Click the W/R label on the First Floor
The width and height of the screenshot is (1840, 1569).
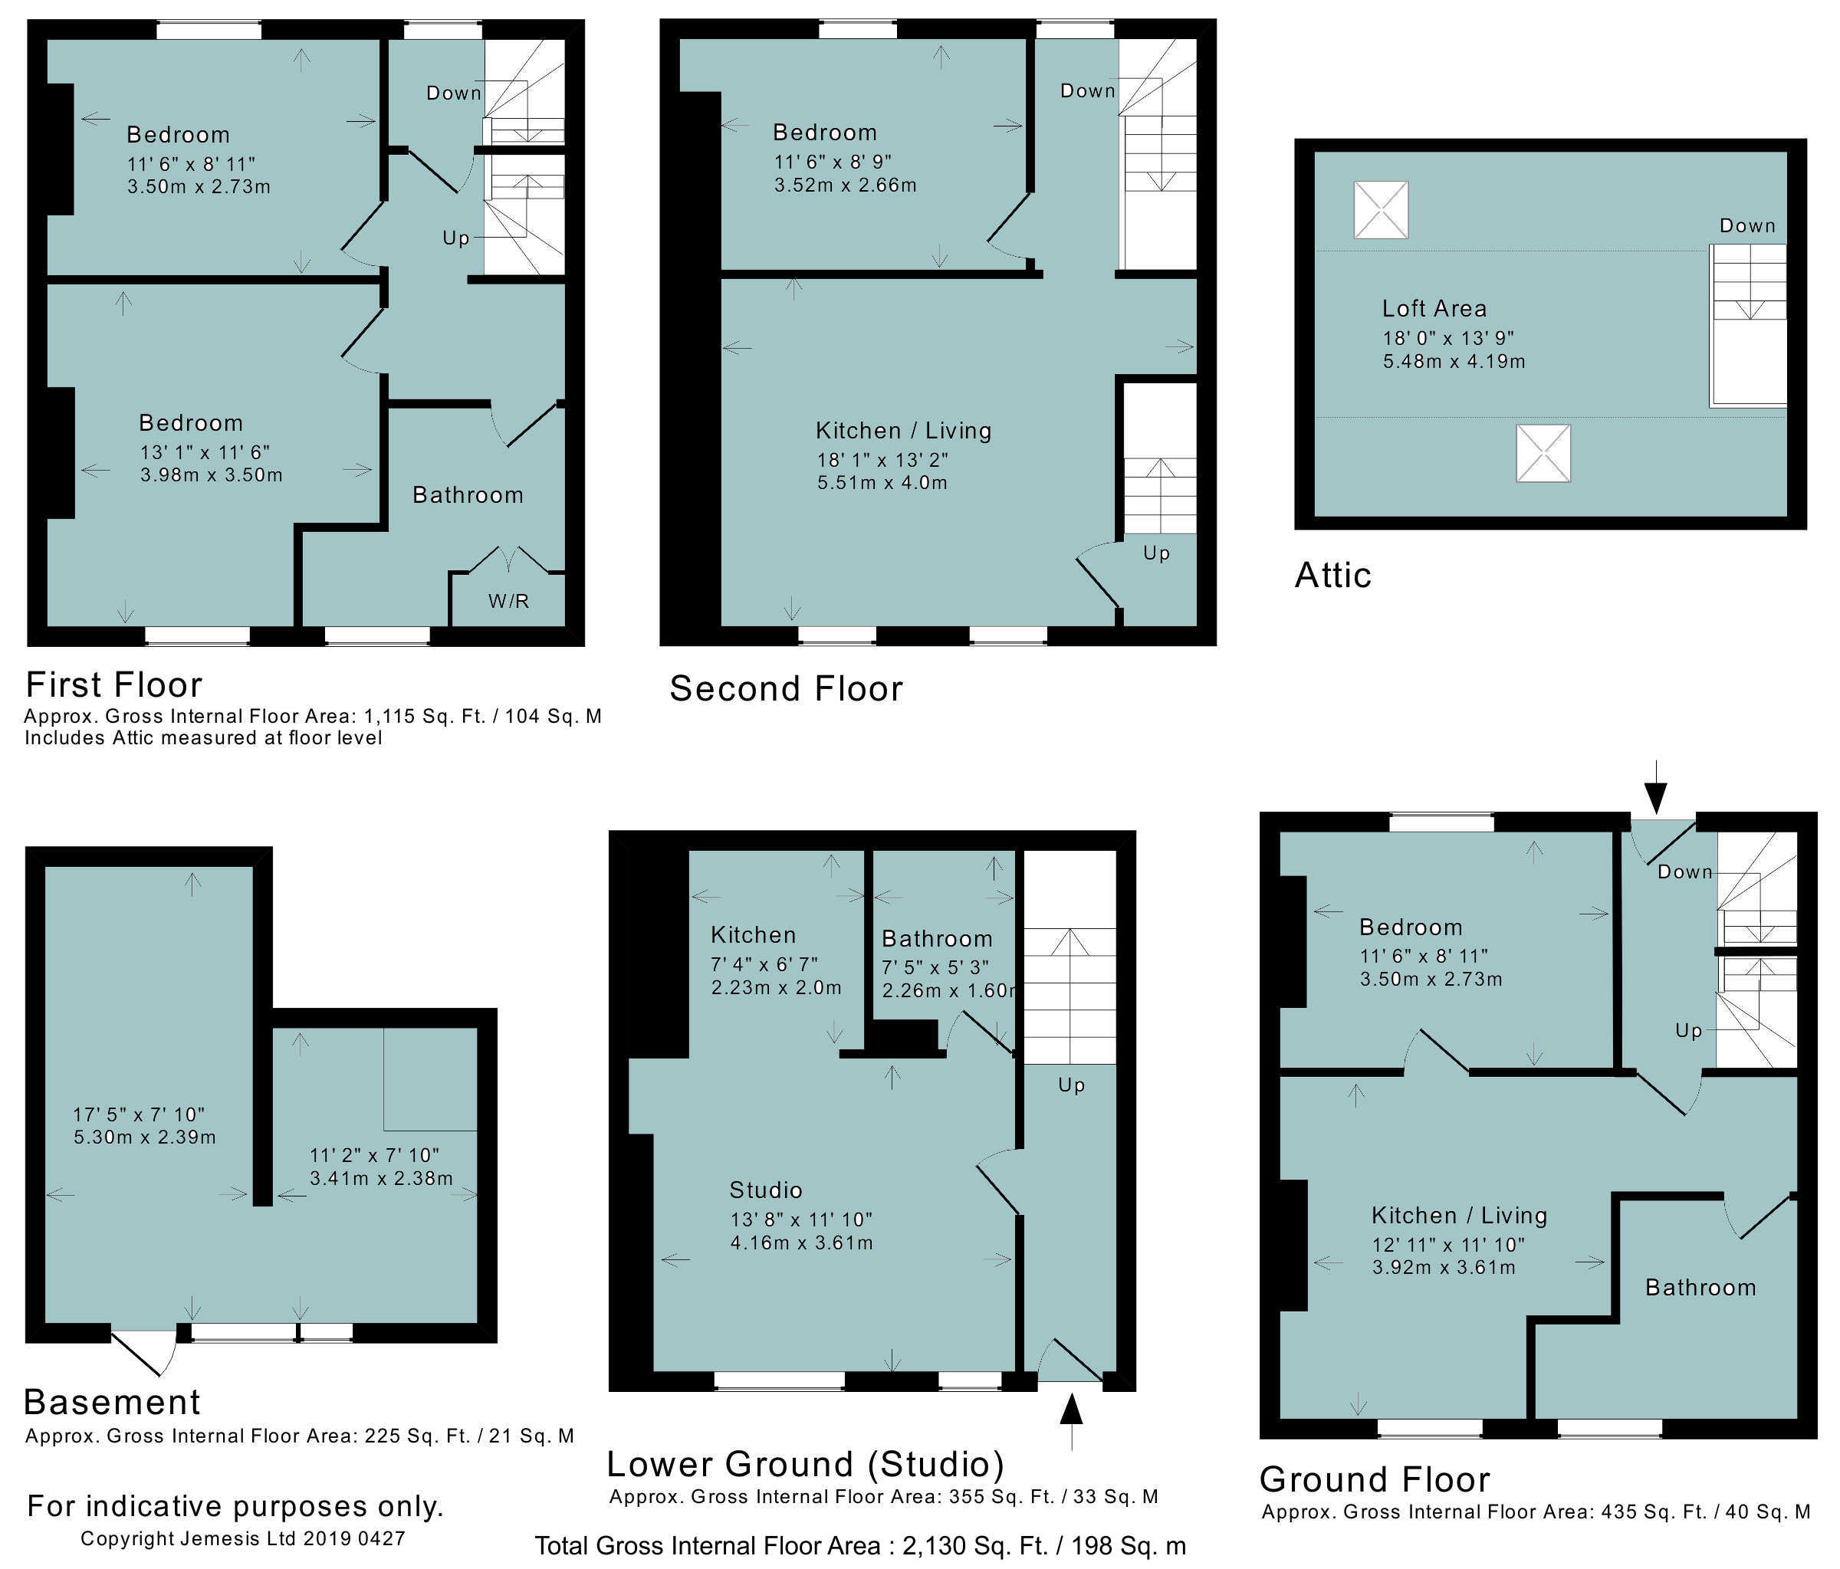pyautogui.click(x=509, y=601)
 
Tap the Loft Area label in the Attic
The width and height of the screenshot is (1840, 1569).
pyautogui.click(x=1434, y=308)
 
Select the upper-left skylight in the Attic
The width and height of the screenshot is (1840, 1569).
pyautogui.click(x=1381, y=209)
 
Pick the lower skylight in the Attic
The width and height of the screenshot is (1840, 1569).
pyautogui.click(x=1543, y=453)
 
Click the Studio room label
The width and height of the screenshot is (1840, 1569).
pyautogui.click(x=765, y=1190)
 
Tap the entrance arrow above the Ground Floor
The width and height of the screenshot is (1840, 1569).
pyautogui.click(x=1656, y=786)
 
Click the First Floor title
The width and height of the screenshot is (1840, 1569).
pyautogui.click(x=114, y=684)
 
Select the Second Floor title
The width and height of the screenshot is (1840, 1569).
pyautogui.click(x=786, y=688)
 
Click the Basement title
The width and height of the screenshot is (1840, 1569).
pyautogui.click(x=112, y=1401)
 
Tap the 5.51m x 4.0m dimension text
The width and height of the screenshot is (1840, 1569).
pyautogui.click(x=882, y=483)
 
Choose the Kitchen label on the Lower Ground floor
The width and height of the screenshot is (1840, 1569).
pyautogui.click(x=753, y=934)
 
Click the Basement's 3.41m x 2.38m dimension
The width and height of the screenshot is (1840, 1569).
pyautogui.click(x=381, y=1178)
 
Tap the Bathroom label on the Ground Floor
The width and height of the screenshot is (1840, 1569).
pyautogui.click(x=1700, y=1288)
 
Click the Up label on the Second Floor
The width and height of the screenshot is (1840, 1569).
pyautogui.click(x=1156, y=553)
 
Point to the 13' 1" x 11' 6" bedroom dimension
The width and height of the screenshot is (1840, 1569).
pyautogui.click(x=205, y=452)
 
